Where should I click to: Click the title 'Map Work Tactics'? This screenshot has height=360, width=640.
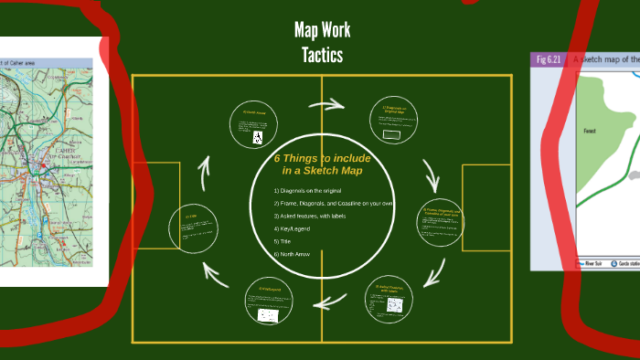[322, 43]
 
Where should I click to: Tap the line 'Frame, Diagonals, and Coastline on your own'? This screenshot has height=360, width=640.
[335, 203]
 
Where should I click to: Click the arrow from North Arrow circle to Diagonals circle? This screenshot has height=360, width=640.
[325, 103]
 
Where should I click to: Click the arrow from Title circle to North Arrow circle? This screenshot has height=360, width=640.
[205, 167]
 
